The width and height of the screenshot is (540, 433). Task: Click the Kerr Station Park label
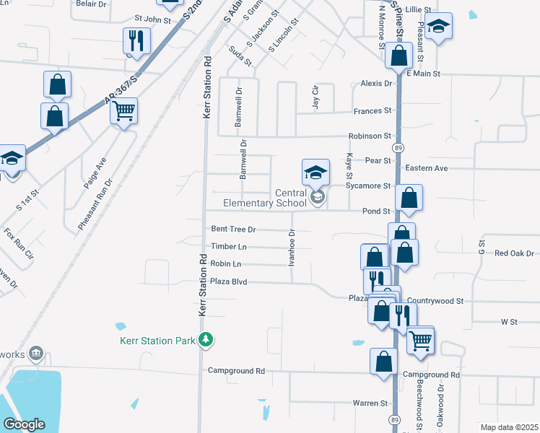coord(157,339)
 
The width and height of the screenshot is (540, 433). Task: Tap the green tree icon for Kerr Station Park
coord(206,339)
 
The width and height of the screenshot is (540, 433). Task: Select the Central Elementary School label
coord(264,198)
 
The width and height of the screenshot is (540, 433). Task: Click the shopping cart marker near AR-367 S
coord(124,112)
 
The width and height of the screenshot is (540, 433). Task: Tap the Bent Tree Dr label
coord(233,229)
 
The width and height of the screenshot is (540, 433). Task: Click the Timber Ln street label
coord(228,246)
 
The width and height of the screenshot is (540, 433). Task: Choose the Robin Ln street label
coord(227,263)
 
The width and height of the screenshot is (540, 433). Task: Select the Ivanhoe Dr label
coord(292,248)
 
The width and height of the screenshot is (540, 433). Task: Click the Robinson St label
coord(370,136)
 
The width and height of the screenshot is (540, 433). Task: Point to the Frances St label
coord(372,111)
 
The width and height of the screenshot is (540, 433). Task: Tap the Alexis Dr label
coord(375,84)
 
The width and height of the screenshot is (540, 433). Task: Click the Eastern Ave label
coord(427,168)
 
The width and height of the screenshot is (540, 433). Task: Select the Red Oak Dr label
coord(514,253)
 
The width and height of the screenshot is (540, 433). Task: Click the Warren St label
coord(370,403)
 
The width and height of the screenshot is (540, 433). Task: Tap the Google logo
coord(24,424)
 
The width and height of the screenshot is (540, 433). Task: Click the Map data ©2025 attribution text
coord(509,427)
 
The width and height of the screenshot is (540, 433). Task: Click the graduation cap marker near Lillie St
coord(438,27)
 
